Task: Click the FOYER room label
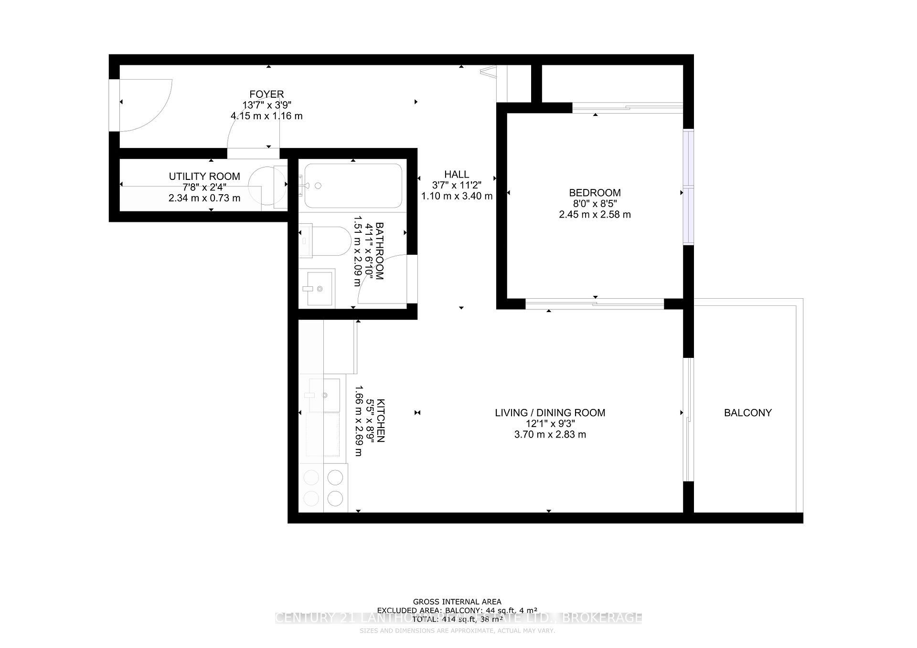click(x=267, y=94)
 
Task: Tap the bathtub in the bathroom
click(x=353, y=186)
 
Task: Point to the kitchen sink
click(x=325, y=395)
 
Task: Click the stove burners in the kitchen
click(x=324, y=488)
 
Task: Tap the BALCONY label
click(x=747, y=413)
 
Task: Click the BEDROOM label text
click(x=595, y=193)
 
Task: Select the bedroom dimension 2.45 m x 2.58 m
click(x=595, y=215)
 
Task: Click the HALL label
click(x=457, y=175)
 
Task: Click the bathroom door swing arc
click(x=382, y=279)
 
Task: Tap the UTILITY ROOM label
click(x=204, y=177)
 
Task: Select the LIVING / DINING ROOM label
click(x=550, y=413)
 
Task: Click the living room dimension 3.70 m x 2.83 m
click(x=550, y=435)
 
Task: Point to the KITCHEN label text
click(x=381, y=420)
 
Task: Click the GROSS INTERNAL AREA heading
click(x=457, y=602)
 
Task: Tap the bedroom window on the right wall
click(x=688, y=187)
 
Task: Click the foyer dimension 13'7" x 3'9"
click(x=267, y=105)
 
